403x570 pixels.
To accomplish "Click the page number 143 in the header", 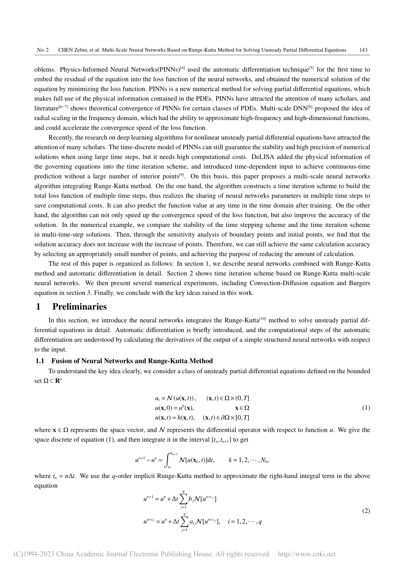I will click(363, 50).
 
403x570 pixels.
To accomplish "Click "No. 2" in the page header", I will click(43, 50).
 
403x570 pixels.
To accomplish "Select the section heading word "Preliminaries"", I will click(79, 307).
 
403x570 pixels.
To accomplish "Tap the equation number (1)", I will click(366, 408).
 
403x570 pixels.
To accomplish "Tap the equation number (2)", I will click(366, 511).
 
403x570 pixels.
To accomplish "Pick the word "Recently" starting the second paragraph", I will click(61, 137).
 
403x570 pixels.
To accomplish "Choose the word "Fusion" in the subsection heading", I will click(61, 361).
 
